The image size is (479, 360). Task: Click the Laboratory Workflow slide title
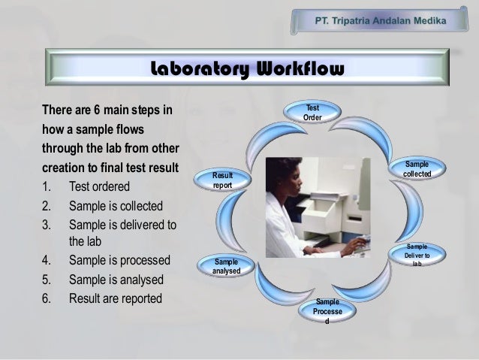[247, 70]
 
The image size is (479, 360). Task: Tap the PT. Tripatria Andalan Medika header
[379, 20]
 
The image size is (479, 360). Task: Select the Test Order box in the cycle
[312, 114]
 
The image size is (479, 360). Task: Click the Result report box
[222, 180]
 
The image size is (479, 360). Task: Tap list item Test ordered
[99, 186]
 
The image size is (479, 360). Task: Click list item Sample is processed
[119, 262]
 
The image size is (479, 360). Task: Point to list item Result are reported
[115, 298]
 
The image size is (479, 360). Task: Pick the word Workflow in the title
[300, 70]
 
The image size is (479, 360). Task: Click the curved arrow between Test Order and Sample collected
[375, 129]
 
